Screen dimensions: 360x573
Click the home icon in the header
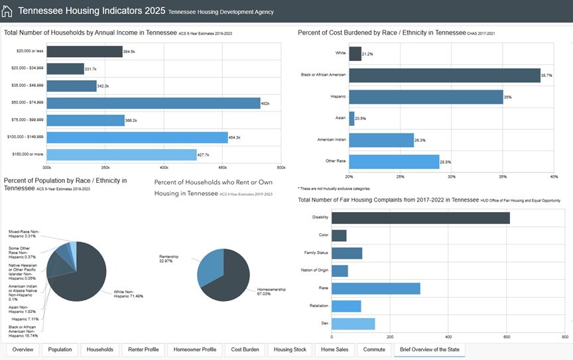coord(7,11)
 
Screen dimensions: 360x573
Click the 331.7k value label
coord(90,69)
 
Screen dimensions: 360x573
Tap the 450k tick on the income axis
coord(223,168)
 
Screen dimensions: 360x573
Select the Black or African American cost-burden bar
coord(444,75)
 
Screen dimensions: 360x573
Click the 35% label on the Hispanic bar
coord(507,97)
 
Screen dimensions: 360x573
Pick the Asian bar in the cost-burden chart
coord(351,118)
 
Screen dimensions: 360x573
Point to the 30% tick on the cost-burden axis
coord(452,176)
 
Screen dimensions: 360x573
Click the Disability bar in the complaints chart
coord(420,217)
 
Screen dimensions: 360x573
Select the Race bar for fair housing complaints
coord(375,288)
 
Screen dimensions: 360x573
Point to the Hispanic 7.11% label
coord(25,319)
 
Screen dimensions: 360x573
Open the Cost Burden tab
coord(245,349)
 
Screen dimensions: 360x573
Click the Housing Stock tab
coord(290,349)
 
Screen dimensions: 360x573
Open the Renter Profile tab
coord(143,349)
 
